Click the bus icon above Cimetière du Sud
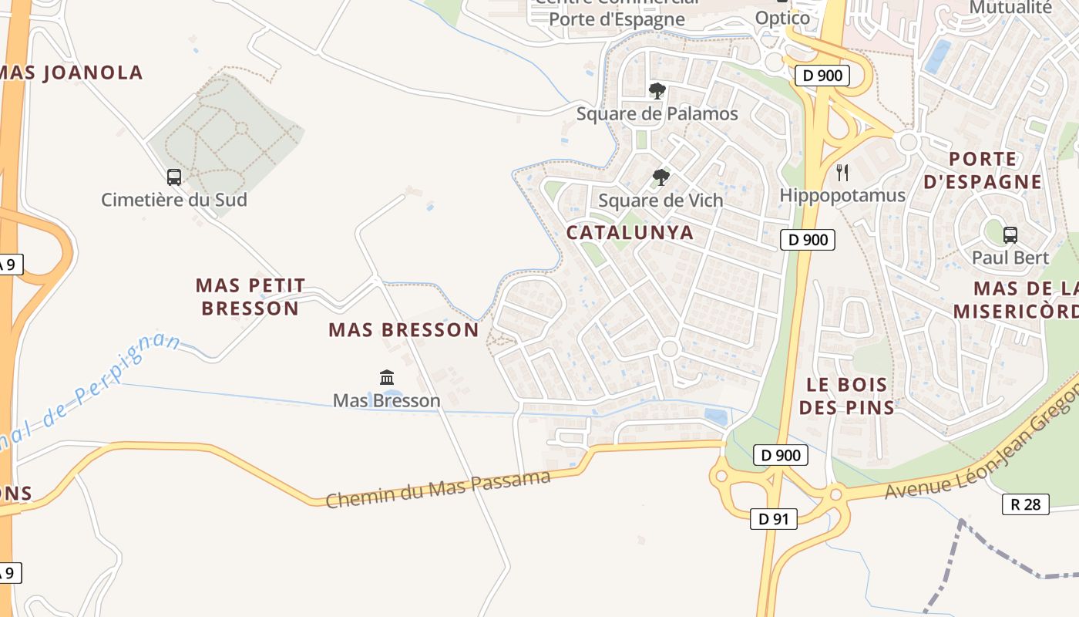(174, 177)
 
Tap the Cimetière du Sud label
(174, 200)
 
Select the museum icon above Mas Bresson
(387, 378)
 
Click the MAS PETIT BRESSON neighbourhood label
(250, 297)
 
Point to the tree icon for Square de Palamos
(657, 92)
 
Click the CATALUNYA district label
(630, 232)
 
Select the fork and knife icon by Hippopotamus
(842, 173)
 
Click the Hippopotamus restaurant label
(842, 195)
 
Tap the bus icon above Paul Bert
(1010, 235)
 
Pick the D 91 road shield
(773, 519)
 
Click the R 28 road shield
(1025, 504)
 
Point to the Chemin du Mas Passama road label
(438, 490)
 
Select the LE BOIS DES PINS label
(847, 396)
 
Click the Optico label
(782, 18)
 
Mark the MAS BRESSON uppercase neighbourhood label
(404, 330)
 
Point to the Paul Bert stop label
(1010, 258)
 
